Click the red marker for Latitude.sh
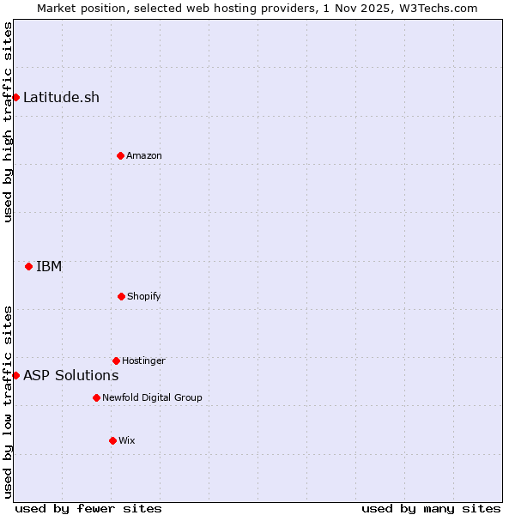pyautogui.click(x=15, y=97)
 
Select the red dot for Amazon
pyautogui.click(x=120, y=155)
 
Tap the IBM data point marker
pyautogui.click(x=28, y=266)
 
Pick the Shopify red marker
pyautogui.click(x=121, y=296)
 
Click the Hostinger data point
pyautogui.click(x=116, y=360)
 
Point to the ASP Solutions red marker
pyautogui.click(x=15, y=375)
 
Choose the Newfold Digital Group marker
pyautogui.click(x=96, y=397)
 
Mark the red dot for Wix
pyautogui.click(x=112, y=440)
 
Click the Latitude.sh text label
pyautogui.click(x=61, y=97)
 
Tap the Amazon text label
pyautogui.click(x=144, y=155)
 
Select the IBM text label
pyautogui.click(x=49, y=266)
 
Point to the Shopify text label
pyautogui.click(x=144, y=296)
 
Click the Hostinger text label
pyautogui.click(x=143, y=360)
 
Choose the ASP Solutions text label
pyautogui.click(x=70, y=375)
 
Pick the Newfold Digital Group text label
pyautogui.click(x=152, y=397)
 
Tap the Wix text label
pyautogui.click(x=127, y=440)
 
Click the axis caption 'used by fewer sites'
pyautogui.click(x=88, y=508)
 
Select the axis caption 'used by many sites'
pyautogui.click(x=431, y=508)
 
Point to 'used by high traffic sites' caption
pyautogui.click(x=8, y=122)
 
